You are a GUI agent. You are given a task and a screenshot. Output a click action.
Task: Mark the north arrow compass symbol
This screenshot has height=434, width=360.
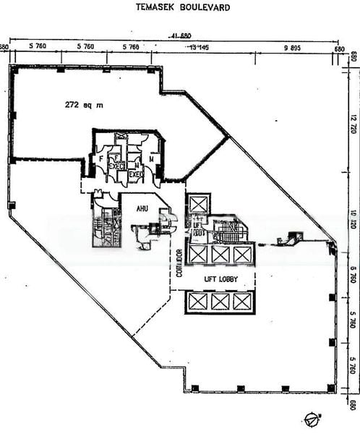pyautogui.click(x=311, y=417)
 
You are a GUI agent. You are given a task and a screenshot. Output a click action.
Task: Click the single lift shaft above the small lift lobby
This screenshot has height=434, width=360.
pyautogui.click(x=198, y=205)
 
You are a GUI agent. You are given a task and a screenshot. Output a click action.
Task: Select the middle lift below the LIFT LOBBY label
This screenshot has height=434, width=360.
pyautogui.click(x=220, y=302)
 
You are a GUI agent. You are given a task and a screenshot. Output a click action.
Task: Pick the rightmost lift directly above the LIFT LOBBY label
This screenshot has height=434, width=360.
pyautogui.click(x=243, y=255)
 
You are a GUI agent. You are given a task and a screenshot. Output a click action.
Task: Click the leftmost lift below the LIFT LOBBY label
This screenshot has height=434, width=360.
pyautogui.click(x=197, y=302)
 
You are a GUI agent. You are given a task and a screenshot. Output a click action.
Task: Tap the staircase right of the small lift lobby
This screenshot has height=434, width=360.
pyautogui.click(x=231, y=233)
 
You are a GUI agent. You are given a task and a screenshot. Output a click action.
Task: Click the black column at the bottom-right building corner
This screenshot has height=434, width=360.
pyautogui.click(x=331, y=388)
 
